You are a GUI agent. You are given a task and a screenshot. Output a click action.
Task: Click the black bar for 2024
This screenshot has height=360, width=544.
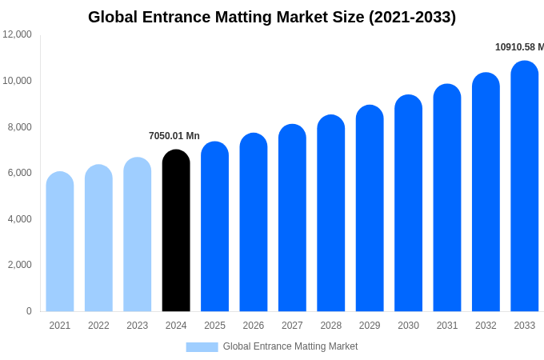(176, 232)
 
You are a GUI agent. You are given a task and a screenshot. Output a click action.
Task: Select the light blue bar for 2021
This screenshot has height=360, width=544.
(60, 242)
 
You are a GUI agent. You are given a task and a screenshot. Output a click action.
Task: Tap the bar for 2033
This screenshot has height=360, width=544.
(525, 188)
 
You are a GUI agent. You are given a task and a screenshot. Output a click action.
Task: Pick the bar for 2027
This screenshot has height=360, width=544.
(292, 219)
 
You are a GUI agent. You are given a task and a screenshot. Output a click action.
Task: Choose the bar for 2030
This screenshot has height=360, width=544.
(408, 205)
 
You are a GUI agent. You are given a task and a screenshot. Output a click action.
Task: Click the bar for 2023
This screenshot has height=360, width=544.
(138, 235)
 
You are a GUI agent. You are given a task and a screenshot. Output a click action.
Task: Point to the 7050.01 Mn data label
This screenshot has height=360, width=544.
(174, 136)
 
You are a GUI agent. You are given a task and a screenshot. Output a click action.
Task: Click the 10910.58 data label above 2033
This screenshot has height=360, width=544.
(519, 47)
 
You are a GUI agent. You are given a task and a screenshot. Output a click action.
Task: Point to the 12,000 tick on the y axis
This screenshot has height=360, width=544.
(18, 34)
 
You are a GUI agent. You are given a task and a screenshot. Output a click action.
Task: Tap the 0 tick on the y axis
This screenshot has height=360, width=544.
(29, 311)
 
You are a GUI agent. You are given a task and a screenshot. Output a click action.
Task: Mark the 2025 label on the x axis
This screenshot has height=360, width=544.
(214, 326)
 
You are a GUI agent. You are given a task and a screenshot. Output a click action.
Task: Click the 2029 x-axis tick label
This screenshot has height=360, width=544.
(370, 326)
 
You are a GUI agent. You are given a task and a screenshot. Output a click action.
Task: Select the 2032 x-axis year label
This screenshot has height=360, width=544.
(486, 326)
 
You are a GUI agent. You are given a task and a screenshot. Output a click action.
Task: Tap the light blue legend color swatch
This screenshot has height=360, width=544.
(202, 347)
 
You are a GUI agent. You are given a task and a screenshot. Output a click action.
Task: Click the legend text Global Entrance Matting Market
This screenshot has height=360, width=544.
(290, 346)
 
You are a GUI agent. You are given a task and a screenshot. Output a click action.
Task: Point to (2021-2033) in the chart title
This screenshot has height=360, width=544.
(412, 17)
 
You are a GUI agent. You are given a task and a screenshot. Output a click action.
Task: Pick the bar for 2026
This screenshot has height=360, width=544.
(254, 223)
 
